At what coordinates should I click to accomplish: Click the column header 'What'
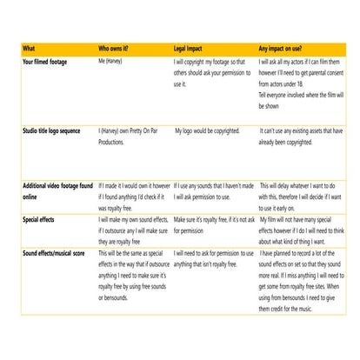30,48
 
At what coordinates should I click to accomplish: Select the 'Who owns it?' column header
117,48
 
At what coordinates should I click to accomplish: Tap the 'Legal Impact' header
192,48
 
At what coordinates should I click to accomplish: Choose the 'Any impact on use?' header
284,48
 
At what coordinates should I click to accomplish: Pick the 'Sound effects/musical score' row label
57,251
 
